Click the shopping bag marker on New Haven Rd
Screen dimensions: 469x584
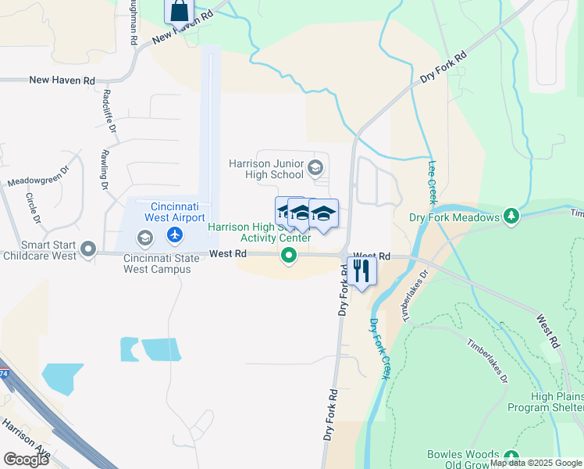coord(179,11)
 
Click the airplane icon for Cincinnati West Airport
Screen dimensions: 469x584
coord(175,234)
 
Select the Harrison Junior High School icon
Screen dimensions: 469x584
coord(315,166)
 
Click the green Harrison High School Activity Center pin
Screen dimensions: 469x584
coord(289,255)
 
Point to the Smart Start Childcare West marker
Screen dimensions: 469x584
coord(89,250)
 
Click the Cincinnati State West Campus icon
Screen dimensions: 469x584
coord(144,237)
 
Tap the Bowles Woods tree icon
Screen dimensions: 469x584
coord(511,456)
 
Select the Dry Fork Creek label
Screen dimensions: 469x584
coord(379,349)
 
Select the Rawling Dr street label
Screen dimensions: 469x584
coord(103,170)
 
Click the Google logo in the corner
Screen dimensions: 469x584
coord(26,459)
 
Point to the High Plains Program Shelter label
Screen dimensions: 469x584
coord(544,403)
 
